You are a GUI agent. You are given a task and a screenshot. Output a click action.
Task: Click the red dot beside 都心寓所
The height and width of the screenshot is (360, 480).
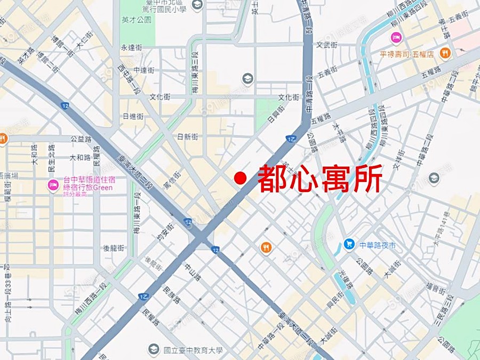pos(241,178)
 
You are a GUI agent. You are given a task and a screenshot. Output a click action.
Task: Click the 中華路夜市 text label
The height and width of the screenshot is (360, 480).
pos(378,245)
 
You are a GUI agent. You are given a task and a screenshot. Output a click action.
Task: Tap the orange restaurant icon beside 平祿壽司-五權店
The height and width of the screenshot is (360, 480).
pos(445,53)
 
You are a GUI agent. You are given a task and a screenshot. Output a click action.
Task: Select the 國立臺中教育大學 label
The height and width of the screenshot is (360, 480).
pos(193,350)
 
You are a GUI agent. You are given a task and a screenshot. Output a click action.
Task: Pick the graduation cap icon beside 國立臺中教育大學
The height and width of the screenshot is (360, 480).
pos(154,349)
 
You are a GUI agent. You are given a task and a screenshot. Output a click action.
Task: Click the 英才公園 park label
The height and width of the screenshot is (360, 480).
pos(137,20)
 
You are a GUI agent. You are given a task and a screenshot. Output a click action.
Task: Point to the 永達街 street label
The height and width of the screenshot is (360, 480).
pos(131,47)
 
